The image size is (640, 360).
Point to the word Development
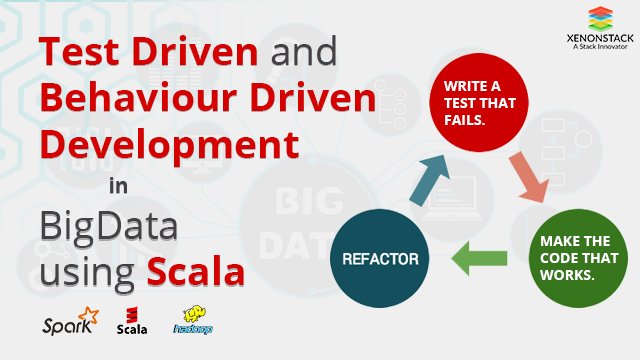tap(170, 146)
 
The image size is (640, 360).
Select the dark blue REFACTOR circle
tap(381, 258)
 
